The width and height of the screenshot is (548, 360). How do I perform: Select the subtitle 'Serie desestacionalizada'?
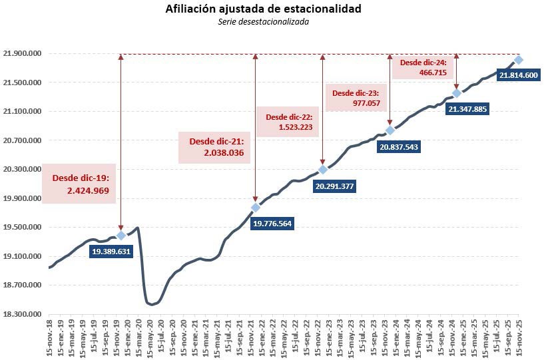pyautogui.click(x=263, y=21)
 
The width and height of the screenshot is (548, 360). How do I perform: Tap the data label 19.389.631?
pyautogui.click(x=112, y=252)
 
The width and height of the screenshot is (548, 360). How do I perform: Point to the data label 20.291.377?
pyautogui.click(x=335, y=186)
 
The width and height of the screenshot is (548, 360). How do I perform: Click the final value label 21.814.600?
pyautogui.click(x=519, y=76)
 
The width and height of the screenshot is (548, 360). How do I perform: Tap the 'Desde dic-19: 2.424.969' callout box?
pyautogui.click(x=79, y=184)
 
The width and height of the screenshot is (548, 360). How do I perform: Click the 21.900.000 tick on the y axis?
pyautogui.click(x=23, y=54)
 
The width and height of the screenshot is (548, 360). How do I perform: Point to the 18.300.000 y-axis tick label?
pyautogui.click(x=23, y=314)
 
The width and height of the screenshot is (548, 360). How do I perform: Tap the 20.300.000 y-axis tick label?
pyautogui.click(x=23, y=170)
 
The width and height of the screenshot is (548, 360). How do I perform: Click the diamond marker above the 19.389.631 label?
pyautogui.click(x=121, y=236)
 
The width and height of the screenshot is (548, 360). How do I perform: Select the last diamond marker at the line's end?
pyautogui.click(x=518, y=61)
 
